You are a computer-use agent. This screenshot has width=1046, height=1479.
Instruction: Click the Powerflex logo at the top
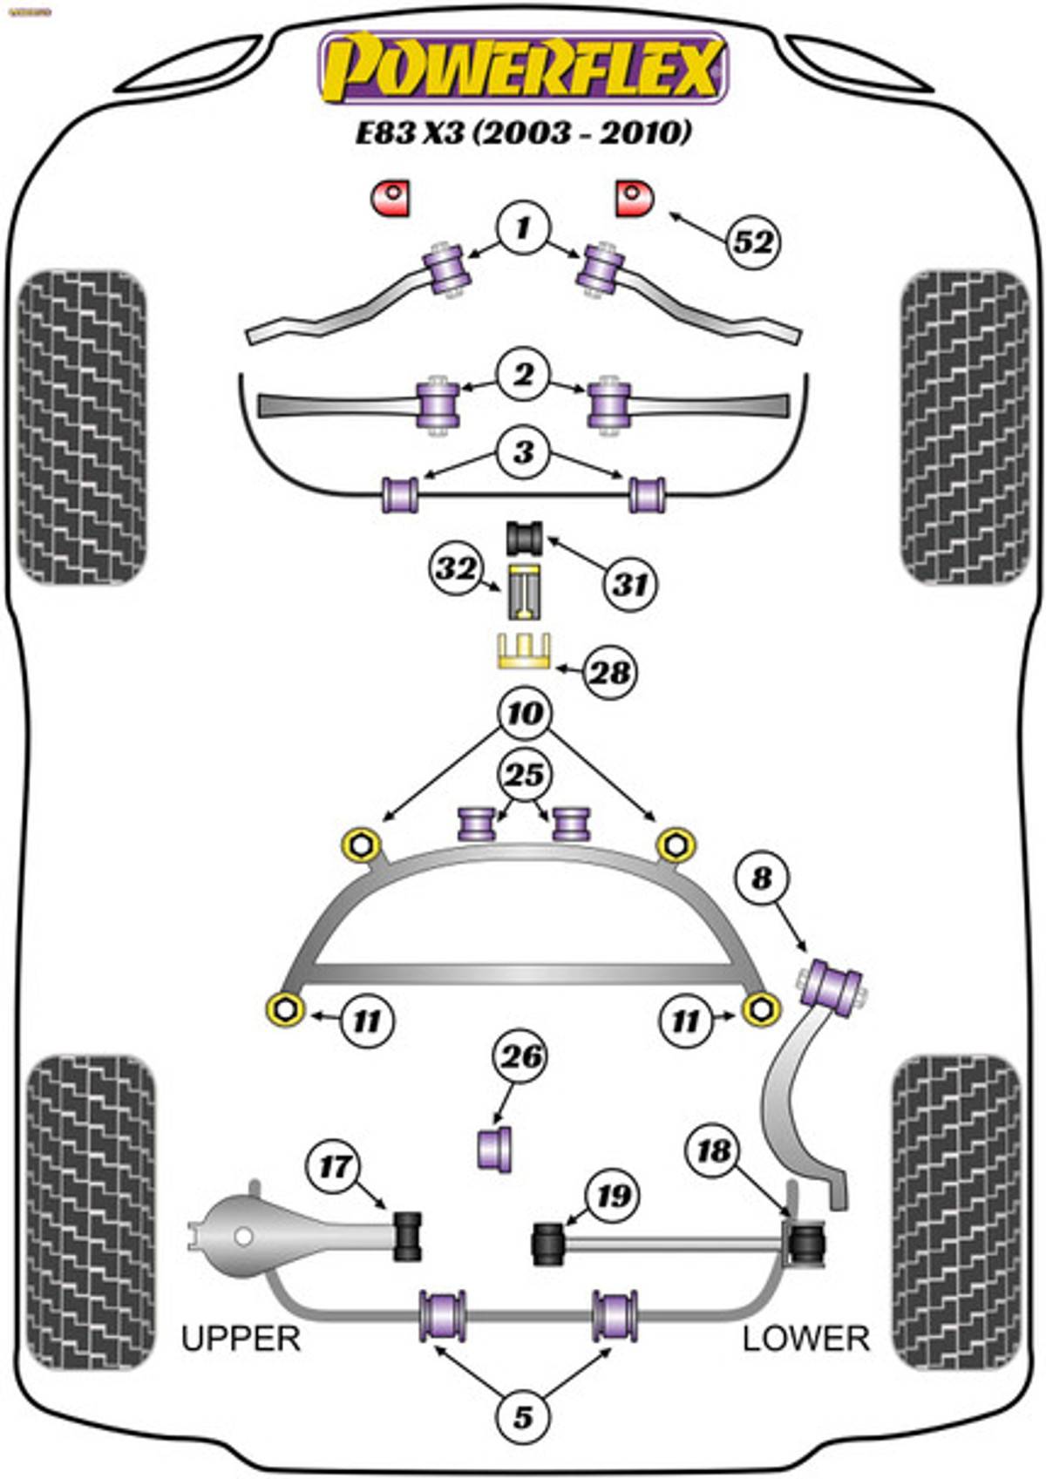click(524, 68)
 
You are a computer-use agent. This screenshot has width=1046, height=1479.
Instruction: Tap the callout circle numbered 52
click(753, 242)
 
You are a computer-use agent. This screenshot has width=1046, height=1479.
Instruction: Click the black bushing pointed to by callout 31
click(525, 538)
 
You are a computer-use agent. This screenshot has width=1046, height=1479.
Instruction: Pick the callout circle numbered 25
click(525, 774)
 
